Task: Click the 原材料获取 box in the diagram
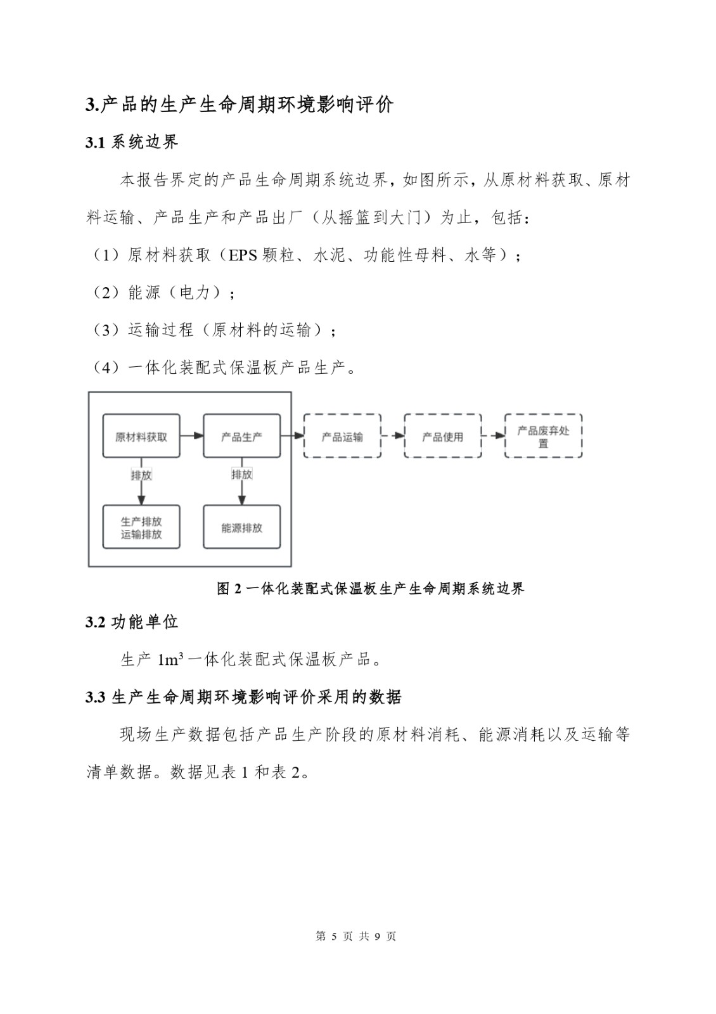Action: (141, 436)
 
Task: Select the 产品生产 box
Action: (241, 436)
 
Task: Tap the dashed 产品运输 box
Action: (342, 436)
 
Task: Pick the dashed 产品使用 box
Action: (442, 436)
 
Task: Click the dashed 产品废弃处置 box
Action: (543, 436)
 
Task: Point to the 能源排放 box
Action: (241, 527)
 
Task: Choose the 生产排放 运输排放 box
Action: (141, 527)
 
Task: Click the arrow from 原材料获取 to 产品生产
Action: (191, 436)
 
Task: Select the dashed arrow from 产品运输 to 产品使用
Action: (393, 436)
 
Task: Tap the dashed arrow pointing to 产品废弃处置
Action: (493, 436)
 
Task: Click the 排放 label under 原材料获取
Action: (141, 475)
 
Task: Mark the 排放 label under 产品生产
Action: (241, 474)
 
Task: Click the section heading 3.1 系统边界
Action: (132, 142)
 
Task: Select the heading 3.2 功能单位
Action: (132, 622)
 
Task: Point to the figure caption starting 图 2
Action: (371, 589)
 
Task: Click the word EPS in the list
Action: (243, 255)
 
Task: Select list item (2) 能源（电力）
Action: (163, 293)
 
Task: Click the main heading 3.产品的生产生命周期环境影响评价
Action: (240, 105)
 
